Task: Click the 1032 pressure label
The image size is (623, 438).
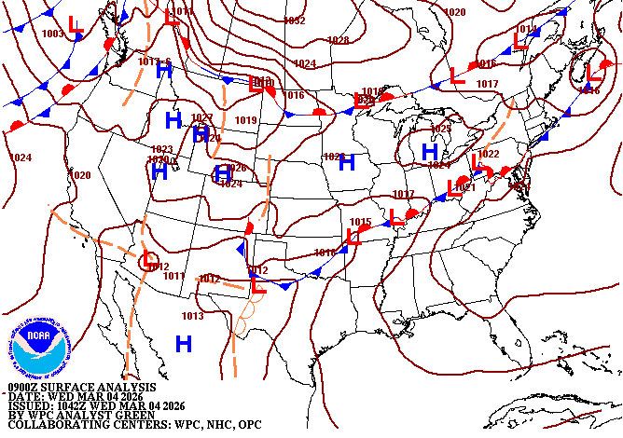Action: (x=295, y=21)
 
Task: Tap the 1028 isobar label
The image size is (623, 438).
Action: (x=339, y=40)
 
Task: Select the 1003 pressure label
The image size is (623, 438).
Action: (x=52, y=34)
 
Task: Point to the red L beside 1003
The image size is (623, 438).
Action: (x=76, y=29)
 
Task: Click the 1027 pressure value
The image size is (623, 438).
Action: (x=202, y=118)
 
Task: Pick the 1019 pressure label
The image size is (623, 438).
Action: (x=245, y=120)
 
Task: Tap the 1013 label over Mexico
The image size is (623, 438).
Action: (x=192, y=316)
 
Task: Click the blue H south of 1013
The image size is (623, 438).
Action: (x=184, y=344)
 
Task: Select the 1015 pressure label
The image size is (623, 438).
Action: (x=361, y=222)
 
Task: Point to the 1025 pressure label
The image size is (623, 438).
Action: (x=440, y=129)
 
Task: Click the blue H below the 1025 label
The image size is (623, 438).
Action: (x=430, y=151)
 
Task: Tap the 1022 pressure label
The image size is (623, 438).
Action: (x=489, y=154)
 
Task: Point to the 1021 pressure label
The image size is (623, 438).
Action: (x=465, y=188)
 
